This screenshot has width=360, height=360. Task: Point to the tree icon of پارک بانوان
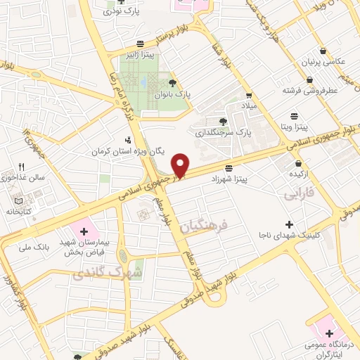tap(172, 84)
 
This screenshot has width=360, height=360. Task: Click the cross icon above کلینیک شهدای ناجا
tap(289, 224)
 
